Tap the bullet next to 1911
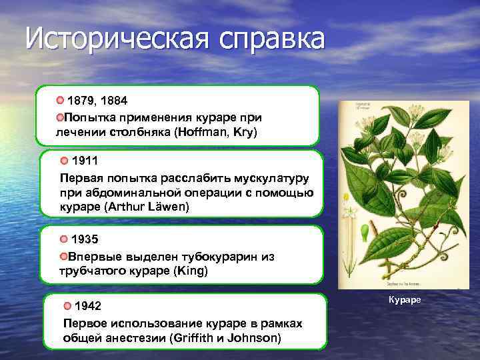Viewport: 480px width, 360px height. point(64,161)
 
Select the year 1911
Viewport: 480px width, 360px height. point(85,161)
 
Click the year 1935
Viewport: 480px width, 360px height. point(85,239)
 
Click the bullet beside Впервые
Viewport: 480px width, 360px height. point(63,257)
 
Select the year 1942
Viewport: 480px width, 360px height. point(88,307)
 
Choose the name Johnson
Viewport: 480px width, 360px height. point(254,338)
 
